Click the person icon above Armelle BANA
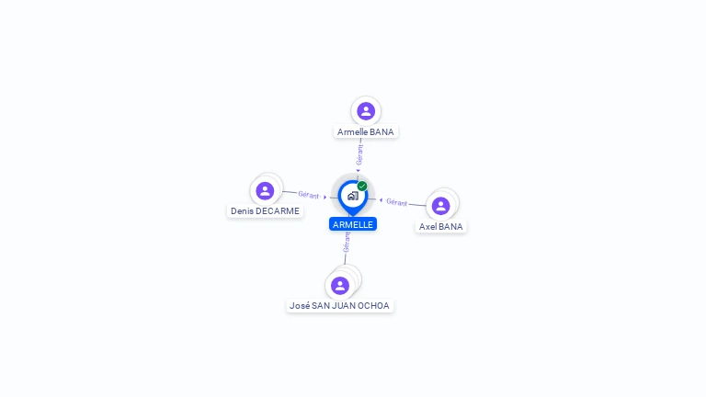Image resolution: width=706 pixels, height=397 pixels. tap(366, 111)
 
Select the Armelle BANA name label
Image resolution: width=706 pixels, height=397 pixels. tap(365, 132)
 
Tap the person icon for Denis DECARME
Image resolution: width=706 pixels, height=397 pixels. tap(265, 190)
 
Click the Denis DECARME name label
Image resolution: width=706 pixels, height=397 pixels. tap(265, 211)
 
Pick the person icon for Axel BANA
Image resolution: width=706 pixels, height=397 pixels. tap(440, 205)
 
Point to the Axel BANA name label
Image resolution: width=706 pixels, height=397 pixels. tap(441, 227)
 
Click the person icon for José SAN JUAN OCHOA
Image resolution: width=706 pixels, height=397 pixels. tap(340, 285)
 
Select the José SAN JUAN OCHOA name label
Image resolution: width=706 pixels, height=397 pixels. tap(339, 306)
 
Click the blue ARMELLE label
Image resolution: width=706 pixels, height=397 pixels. tap(353, 224)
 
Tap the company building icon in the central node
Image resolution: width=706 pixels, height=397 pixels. tap(352, 196)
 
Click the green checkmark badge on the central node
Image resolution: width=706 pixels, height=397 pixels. tap(362, 186)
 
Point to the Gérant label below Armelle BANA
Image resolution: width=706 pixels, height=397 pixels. tap(360, 153)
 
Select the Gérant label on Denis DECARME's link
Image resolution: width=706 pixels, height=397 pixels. tap(308, 195)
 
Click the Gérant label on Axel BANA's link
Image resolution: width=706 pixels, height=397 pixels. tap(396, 202)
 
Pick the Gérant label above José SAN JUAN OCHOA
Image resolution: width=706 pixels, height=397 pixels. tap(347, 243)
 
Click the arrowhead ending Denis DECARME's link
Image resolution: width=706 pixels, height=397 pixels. tap(325, 197)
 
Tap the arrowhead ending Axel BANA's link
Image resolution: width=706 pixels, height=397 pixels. tap(381, 199)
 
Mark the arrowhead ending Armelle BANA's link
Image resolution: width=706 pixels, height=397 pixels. tap(359, 170)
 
